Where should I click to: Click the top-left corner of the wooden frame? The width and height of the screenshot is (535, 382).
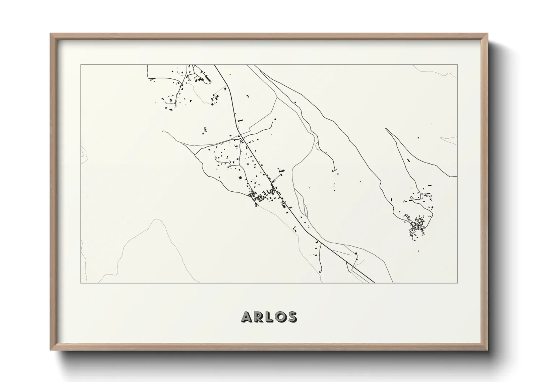51,34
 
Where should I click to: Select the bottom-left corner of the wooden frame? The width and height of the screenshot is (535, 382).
51,350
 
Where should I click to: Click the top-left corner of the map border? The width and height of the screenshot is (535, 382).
81,65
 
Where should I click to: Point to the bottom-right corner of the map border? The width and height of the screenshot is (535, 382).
458,283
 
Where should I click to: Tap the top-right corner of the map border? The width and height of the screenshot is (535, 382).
458,65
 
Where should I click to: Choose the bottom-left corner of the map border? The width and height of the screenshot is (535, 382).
81,283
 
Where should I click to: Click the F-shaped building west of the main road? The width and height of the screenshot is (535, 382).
205,129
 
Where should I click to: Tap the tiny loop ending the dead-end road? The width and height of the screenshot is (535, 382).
320,270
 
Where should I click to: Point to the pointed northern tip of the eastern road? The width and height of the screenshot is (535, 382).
386,129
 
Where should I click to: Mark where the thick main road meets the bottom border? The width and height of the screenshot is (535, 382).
374,282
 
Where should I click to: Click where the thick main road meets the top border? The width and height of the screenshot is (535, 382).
215,65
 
